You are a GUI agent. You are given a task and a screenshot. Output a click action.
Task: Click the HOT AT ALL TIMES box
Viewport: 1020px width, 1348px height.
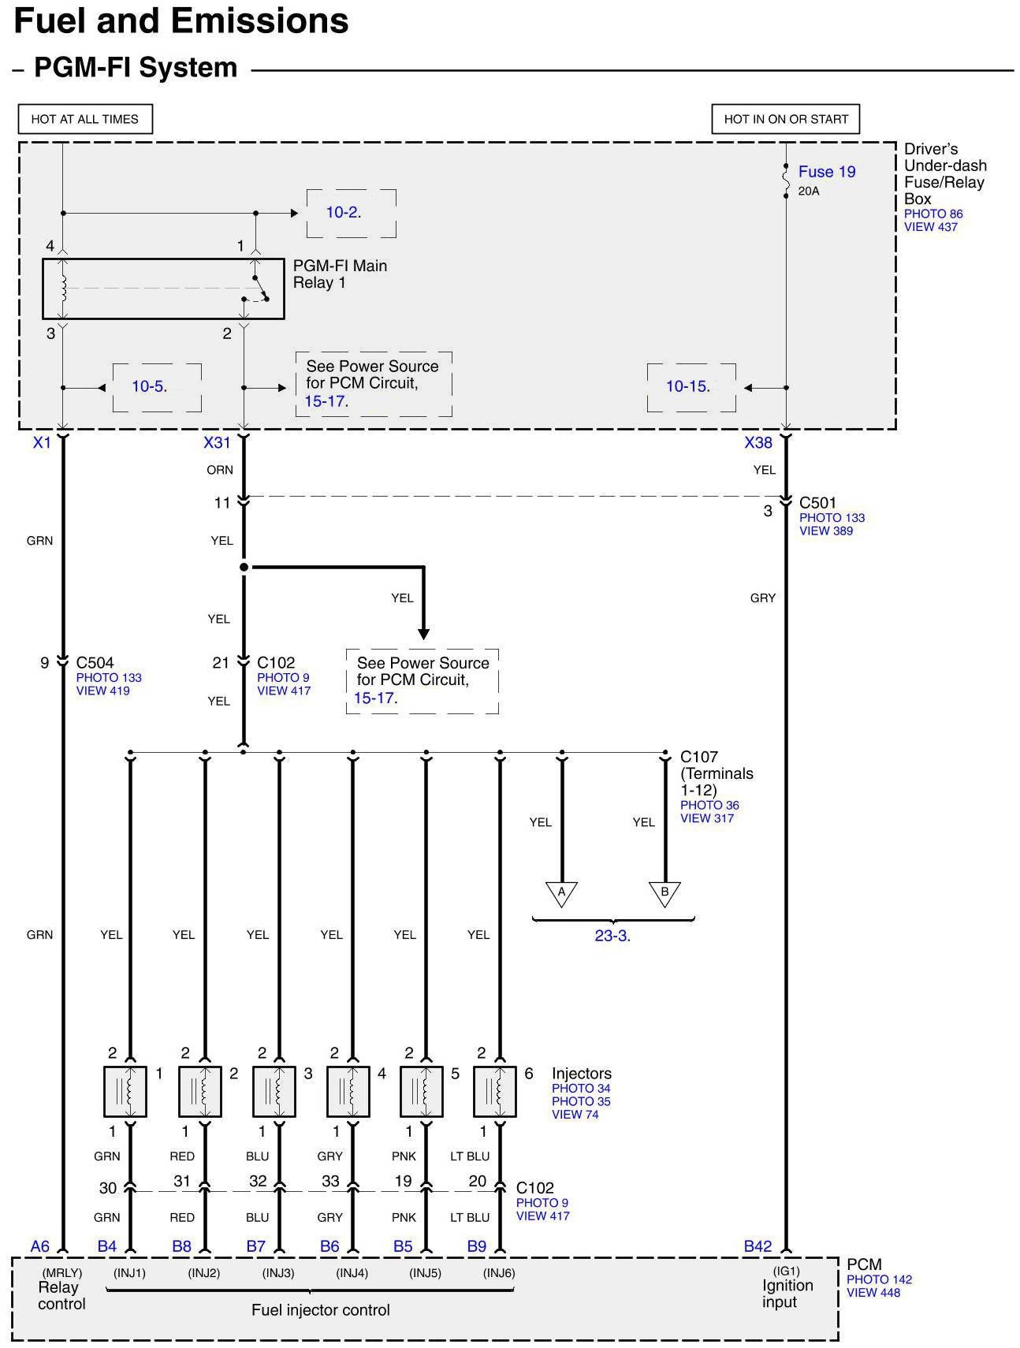[x=85, y=119]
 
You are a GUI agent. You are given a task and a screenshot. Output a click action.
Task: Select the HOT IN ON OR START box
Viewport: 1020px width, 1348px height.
[x=785, y=119]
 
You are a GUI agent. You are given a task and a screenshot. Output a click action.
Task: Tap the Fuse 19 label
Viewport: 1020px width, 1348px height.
[x=826, y=172]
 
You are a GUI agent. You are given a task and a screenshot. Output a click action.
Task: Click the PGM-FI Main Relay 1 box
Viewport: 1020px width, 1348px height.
[x=163, y=289]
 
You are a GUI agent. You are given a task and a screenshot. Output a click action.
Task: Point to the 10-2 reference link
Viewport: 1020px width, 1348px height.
[x=343, y=212]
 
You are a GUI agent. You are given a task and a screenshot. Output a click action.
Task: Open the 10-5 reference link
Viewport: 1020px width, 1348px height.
[x=148, y=386]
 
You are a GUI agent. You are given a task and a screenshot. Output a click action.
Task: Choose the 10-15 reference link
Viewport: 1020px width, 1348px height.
[x=687, y=386]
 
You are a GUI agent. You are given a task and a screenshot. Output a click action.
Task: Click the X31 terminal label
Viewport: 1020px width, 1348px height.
[x=216, y=443]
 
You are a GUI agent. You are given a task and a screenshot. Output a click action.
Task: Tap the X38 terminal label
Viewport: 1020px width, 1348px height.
[x=758, y=443]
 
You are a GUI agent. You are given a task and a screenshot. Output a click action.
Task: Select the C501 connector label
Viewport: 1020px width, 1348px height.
[x=817, y=503]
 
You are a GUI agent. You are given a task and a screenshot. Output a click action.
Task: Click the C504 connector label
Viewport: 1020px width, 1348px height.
[x=95, y=663]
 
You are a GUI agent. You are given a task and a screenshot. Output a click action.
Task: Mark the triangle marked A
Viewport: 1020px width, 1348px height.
[x=561, y=893]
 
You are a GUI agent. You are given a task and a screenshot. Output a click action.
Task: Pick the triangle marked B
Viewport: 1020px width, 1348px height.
[x=664, y=893]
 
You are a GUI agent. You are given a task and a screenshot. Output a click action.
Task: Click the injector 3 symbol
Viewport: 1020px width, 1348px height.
[x=274, y=1092]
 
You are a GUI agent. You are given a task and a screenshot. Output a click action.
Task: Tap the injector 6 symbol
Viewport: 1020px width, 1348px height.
[x=495, y=1092]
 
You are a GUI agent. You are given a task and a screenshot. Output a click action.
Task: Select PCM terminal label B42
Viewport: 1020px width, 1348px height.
[x=758, y=1246]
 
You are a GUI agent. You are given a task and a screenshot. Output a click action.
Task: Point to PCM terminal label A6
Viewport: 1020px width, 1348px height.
[x=40, y=1246]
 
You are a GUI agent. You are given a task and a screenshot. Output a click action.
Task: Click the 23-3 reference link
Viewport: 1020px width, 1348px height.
[x=612, y=937]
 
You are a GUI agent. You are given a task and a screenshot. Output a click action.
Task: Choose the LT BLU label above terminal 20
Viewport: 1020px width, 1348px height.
[x=470, y=1156]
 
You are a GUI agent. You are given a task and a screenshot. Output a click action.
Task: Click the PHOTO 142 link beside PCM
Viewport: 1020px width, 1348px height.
[x=879, y=1279]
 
